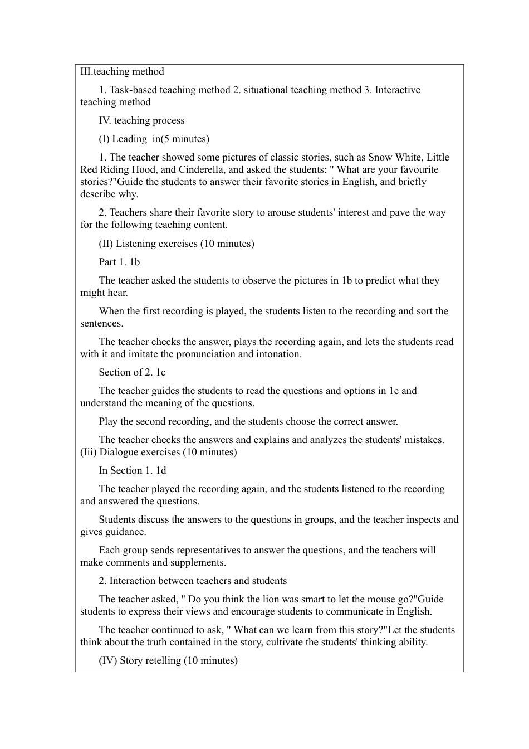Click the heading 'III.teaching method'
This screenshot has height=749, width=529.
[122, 71]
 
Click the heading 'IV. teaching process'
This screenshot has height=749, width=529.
[141, 120]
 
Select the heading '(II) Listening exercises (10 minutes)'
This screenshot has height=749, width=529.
[176, 244]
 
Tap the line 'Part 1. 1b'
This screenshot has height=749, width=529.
[119, 262]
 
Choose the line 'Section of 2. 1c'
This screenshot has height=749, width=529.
[132, 372]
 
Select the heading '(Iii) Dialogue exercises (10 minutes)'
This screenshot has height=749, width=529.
[158, 452]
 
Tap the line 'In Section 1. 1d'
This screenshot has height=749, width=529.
[132, 470]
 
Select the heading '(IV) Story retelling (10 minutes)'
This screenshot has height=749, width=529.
[168, 660]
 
